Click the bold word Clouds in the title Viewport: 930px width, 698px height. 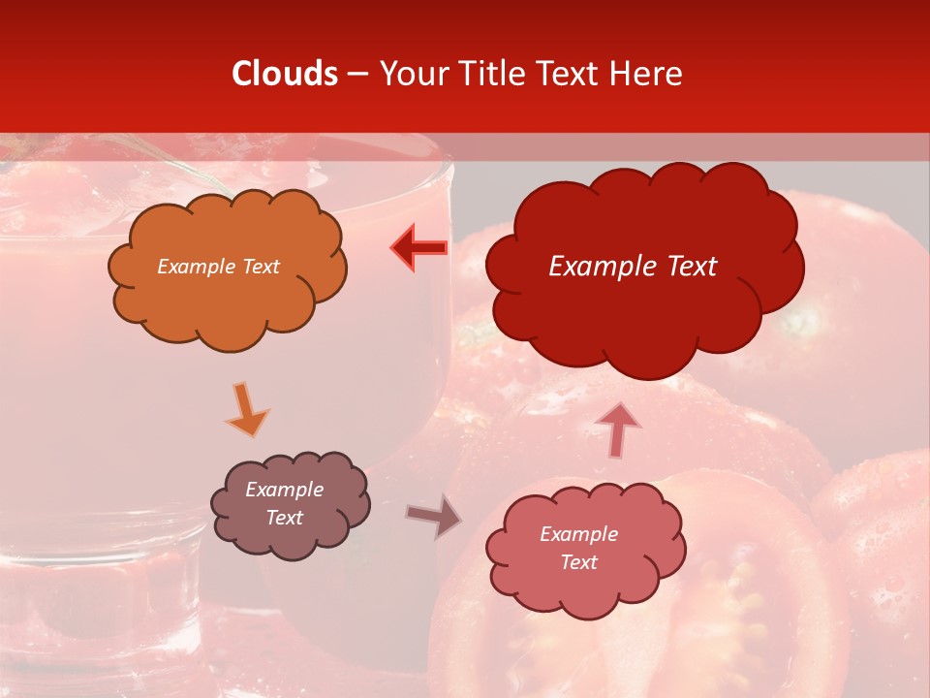(x=285, y=74)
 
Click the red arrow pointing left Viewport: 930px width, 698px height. (x=419, y=247)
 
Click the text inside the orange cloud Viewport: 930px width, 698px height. (x=218, y=267)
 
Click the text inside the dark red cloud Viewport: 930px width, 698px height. (x=633, y=267)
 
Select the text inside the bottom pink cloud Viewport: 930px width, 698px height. (x=578, y=548)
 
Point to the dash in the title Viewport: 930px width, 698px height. (x=357, y=74)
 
